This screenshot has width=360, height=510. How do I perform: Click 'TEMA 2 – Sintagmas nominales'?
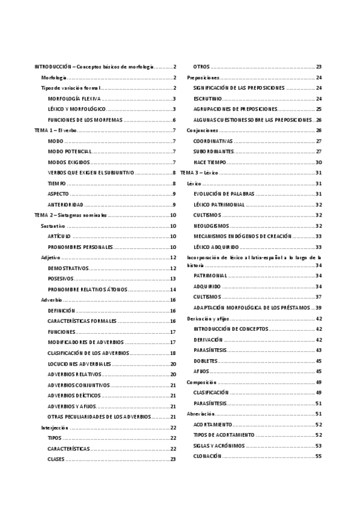click(x=70, y=215)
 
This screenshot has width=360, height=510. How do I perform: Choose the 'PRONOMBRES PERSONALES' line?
click(x=80, y=247)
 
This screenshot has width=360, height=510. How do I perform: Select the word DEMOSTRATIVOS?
click(x=68, y=268)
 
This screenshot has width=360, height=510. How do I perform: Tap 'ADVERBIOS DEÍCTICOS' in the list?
click(x=75, y=396)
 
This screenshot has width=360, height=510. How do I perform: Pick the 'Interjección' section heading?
click(x=55, y=428)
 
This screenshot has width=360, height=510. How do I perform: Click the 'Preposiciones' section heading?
click(x=203, y=78)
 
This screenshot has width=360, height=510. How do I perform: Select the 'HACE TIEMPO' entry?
click(x=209, y=162)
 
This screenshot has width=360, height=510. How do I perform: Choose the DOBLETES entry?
click(x=206, y=361)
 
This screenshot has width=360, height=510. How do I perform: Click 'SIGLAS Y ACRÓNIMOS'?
click(x=219, y=446)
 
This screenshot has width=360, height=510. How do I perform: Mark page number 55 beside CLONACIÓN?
click(x=319, y=456)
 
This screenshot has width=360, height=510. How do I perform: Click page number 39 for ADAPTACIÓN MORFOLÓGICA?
click(x=319, y=307)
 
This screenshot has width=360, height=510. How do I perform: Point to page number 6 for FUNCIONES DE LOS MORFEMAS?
click(x=174, y=120)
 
